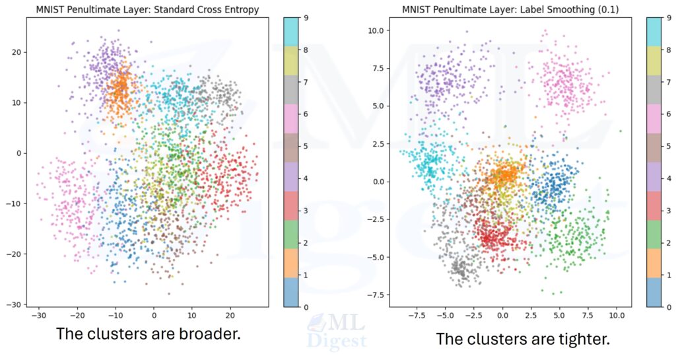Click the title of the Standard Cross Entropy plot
(x=147, y=9)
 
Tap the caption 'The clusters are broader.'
(x=148, y=334)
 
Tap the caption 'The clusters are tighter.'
(x=522, y=339)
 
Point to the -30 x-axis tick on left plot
(x=38, y=316)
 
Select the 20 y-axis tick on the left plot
(x=15, y=52)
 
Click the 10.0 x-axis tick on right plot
(x=616, y=316)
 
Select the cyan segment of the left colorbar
(x=293, y=31)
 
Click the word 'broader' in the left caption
(x=205, y=334)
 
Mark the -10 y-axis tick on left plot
(x=13, y=203)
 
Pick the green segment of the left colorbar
(x=293, y=234)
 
